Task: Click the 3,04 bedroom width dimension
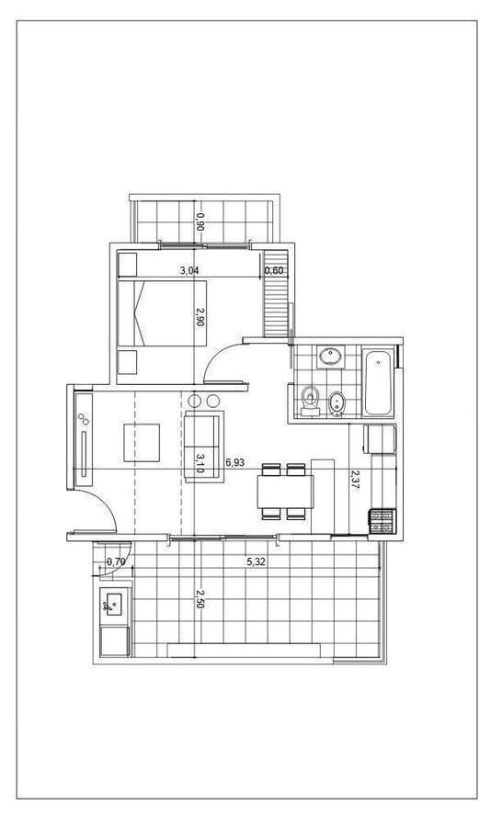point(189,271)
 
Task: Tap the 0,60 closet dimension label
point(275,271)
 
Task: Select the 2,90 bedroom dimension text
point(200,316)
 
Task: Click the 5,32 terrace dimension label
point(256,562)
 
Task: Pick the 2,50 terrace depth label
point(200,599)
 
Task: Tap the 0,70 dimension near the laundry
point(116,562)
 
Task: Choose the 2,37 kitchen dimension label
point(355,481)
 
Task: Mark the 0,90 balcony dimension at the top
point(200,222)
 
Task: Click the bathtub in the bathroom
point(378,381)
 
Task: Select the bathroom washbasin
point(331,357)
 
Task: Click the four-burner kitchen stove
point(382,521)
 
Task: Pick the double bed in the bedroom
point(162,313)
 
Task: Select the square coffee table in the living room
point(142,443)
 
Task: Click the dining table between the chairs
point(285,492)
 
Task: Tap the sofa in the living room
point(203,447)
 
